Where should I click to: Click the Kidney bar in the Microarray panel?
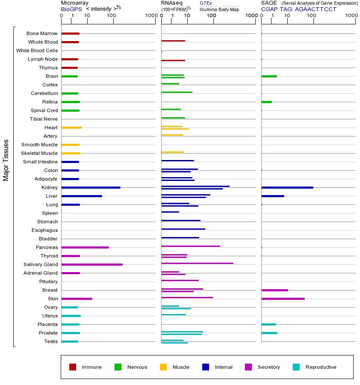[91, 187]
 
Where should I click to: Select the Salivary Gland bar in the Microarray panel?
[92, 264]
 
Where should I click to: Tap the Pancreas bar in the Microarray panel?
[85, 247]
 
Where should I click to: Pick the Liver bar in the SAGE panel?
[272, 196]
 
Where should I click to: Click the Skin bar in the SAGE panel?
[283, 299]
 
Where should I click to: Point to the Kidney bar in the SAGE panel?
[287, 187]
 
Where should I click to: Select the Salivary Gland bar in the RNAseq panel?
[197, 263]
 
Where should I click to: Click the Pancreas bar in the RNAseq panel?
[191, 246]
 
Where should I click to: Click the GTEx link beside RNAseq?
[206, 3]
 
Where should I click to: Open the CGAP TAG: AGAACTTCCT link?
[299, 9]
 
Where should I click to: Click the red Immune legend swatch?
[73, 367]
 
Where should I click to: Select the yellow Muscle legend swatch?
[163, 367]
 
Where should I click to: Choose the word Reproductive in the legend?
[321, 367]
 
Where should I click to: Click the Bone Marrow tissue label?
[42, 33]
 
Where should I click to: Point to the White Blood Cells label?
[37, 50]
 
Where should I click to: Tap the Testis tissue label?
[50, 341]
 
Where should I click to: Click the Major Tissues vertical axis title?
[6, 160]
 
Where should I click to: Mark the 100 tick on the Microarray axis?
[112, 16]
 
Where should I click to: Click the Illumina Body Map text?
[219, 9]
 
